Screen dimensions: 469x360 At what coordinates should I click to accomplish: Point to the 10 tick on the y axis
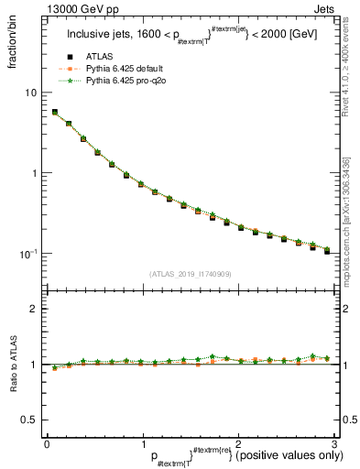[31, 93]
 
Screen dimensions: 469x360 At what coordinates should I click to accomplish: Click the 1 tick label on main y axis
[34, 173]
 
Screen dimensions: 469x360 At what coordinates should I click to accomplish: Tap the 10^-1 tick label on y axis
[28, 253]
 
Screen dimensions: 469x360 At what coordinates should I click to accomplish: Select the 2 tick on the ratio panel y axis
[34, 309]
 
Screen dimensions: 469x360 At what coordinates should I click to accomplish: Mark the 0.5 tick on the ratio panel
[29, 420]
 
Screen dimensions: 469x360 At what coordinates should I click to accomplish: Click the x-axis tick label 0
[47, 444]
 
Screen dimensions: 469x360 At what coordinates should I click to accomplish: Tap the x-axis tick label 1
[142, 444]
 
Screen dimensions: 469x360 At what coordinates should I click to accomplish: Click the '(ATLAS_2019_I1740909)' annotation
[190, 274]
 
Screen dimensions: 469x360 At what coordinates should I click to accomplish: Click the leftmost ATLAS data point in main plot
[55, 113]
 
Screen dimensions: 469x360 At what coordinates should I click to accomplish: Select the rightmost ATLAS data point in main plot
[327, 250]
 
